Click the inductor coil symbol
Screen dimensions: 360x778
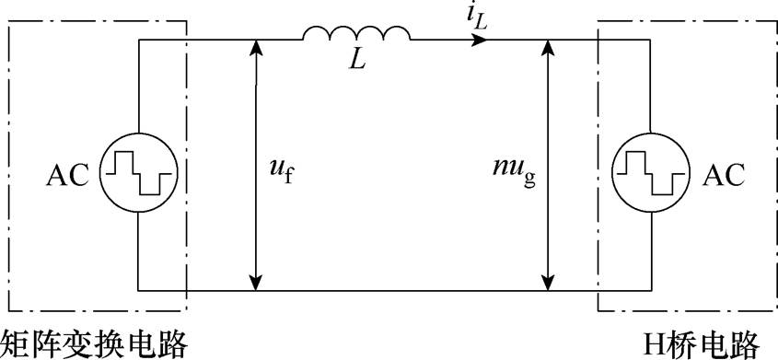pos(356,34)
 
